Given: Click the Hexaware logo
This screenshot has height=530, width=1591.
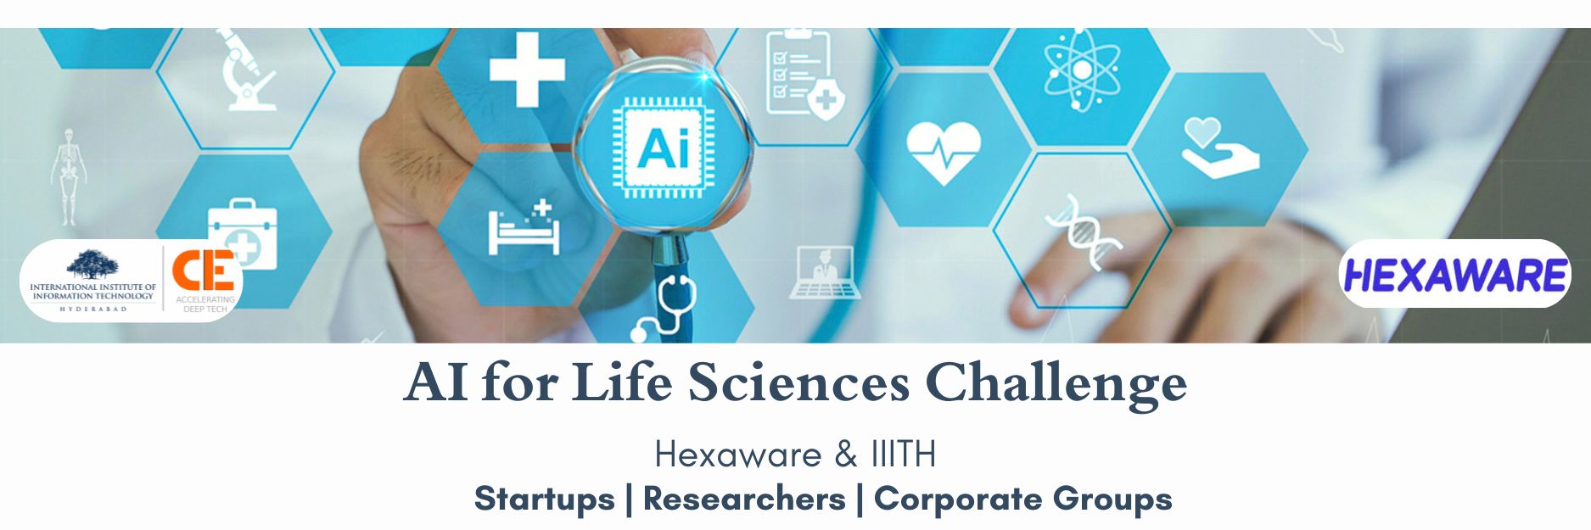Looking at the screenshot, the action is [x=1455, y=275].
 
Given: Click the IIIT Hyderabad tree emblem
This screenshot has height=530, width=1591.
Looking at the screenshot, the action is [x=92, y=265].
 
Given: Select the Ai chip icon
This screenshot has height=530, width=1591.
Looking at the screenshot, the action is [x=663, y=148].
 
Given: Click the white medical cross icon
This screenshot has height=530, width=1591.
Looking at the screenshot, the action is [x=527, y=70].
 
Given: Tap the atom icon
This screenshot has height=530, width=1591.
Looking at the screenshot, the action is [x=1082, y=70].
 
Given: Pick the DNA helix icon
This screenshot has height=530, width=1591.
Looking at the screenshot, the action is [x=1084, y=231].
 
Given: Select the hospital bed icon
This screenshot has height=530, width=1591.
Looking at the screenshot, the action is [x=524, y=226].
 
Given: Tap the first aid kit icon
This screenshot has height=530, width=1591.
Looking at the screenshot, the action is [x=243, y=233].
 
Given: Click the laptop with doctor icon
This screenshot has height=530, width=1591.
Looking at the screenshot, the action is [x=821, y=272].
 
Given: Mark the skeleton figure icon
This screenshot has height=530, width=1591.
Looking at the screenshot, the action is [x=68, y=177].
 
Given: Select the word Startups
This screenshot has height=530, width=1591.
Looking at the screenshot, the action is [x=544, y=499].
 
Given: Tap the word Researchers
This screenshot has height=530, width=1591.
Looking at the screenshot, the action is [x=744, y=499].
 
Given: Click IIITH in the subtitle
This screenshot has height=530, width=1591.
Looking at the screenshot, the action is [x=903, y=455].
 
